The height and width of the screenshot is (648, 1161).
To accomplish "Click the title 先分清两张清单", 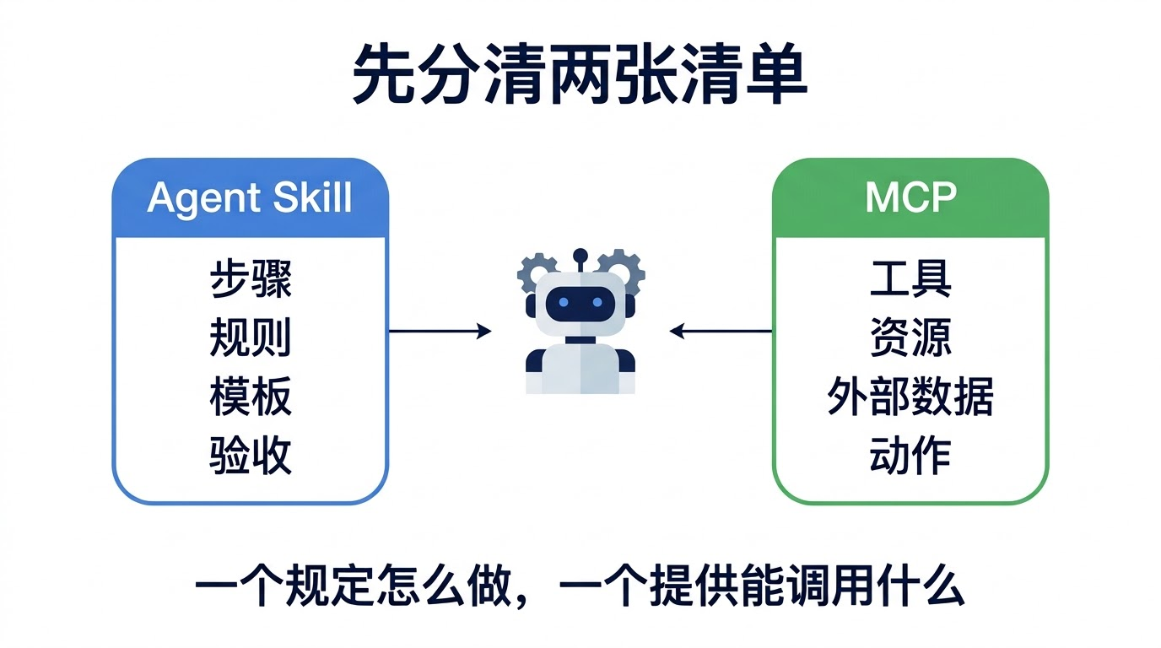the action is click(580, 74).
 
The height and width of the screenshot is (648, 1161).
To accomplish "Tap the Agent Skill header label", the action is click(250, 198).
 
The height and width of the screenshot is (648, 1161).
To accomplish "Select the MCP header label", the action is click(910, 197).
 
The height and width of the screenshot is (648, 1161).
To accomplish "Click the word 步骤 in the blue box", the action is click(251, 279).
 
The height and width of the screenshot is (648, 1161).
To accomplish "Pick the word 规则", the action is click(251, 337).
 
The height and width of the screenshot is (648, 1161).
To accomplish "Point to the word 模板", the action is click(251, 397).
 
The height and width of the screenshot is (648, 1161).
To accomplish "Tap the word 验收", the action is click(251, 456).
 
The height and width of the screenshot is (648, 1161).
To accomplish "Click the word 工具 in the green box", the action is click(910, 279).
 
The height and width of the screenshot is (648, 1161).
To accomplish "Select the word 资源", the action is click(910, 337).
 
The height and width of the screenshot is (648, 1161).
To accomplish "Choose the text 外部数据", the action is click(910, 397).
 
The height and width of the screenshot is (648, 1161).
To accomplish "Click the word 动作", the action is click(910, 456).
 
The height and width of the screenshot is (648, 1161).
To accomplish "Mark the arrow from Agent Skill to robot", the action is click(440, 331).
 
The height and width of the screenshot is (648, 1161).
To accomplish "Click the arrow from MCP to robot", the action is click(721, 331).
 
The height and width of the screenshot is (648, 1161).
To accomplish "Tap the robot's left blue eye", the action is click(564, 302).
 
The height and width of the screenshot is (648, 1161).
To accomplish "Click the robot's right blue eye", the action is click(597, 302).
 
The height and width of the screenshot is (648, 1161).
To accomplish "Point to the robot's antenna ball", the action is click(580, 256).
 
